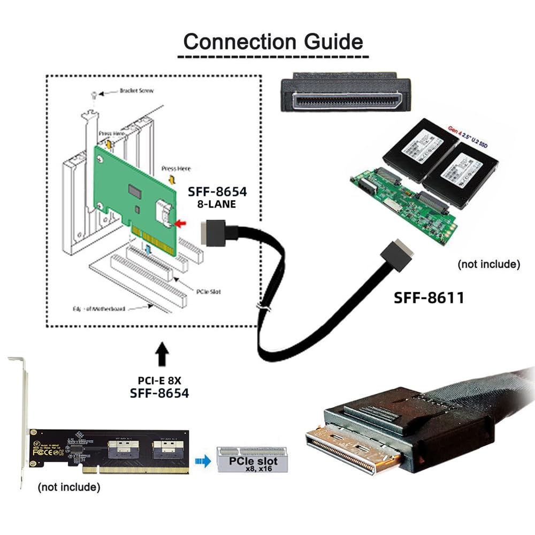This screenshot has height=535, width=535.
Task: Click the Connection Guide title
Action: click(273, 41)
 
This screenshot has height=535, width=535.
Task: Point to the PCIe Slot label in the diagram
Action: click(208, 292)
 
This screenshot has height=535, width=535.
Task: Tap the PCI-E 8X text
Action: click(160, 381)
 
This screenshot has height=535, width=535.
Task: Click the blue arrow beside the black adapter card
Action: click(202, 461)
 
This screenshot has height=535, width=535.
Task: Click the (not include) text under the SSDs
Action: click(488, 264)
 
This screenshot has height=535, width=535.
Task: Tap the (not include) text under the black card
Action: click(68, 487)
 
